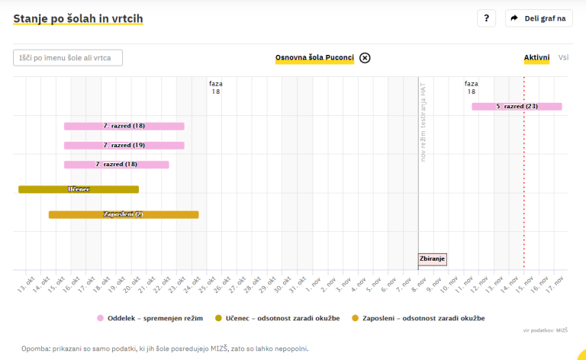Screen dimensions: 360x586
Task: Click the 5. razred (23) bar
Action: [517, 107]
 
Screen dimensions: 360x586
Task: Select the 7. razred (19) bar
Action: [124, 145]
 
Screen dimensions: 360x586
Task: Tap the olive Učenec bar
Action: [79, 189]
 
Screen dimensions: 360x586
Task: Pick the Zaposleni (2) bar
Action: [124, 214]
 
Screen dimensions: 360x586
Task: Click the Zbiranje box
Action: [433, 259]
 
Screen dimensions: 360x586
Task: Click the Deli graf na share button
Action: [539, 18]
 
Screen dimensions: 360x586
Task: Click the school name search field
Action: [68, 58]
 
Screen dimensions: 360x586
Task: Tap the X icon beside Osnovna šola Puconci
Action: [365, 58]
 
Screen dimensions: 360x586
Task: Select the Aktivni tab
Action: [536, 58]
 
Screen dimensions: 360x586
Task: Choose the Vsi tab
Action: [563, 58]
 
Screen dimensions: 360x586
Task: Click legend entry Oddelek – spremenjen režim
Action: [150, 317]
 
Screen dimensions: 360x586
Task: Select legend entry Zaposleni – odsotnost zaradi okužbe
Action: [418, 317]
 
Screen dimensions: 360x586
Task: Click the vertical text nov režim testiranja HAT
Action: [423, 122]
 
